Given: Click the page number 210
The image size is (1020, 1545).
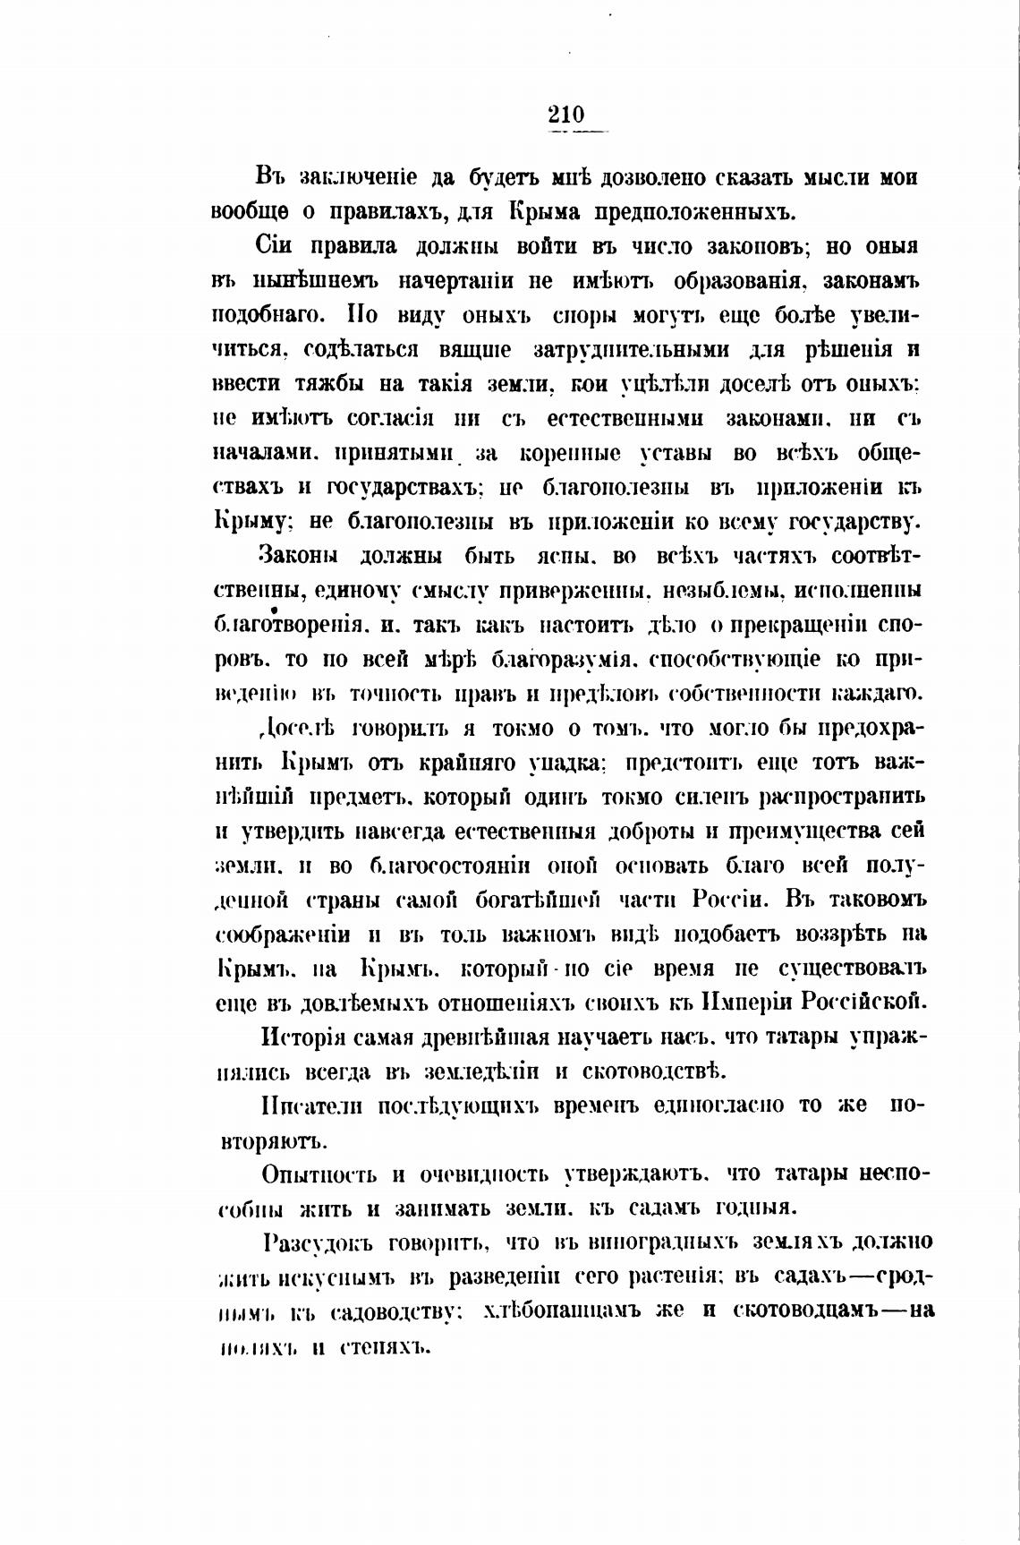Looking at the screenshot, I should coord(565,115).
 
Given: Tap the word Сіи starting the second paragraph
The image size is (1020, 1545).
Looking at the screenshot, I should coord(275,247).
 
